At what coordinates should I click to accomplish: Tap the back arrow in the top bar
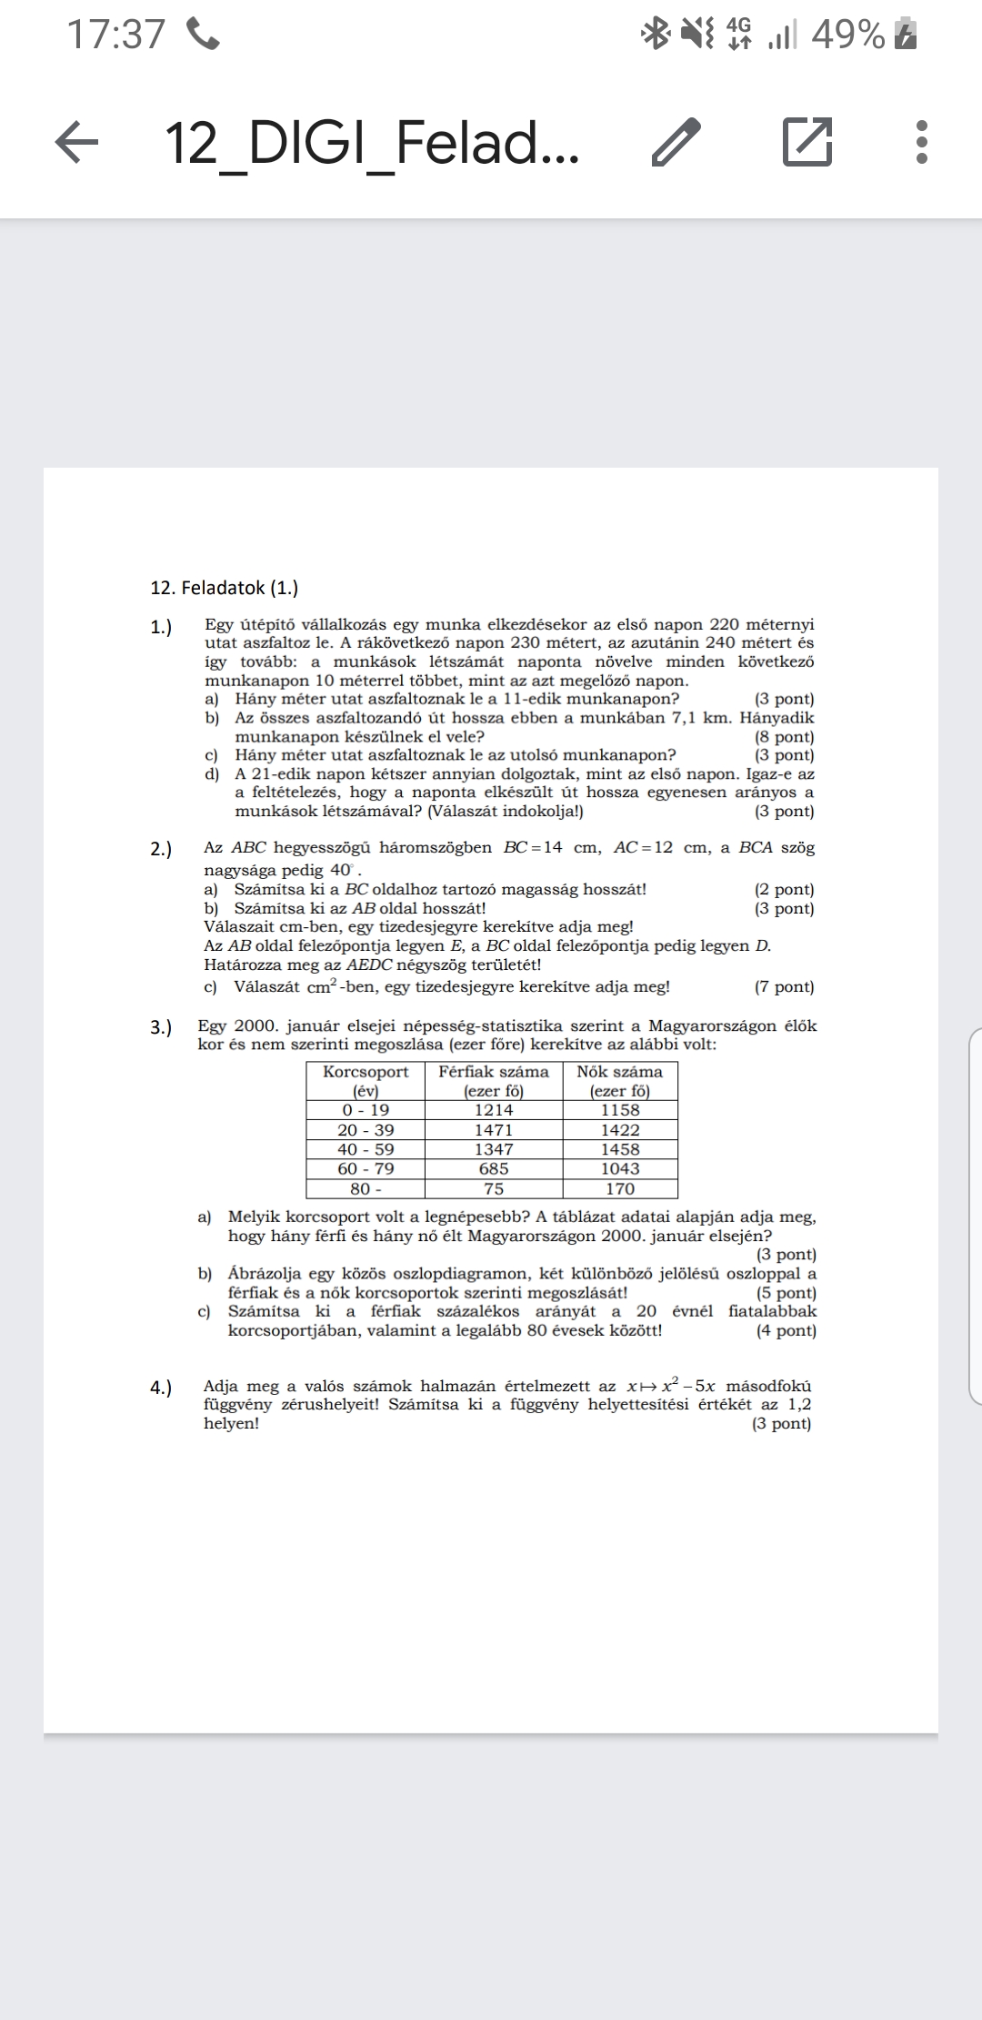pyautogui.click(x=77, y=143)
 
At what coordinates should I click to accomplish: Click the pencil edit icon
pyautogui.click(x=676, y=143)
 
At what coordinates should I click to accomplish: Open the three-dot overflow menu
pyautogui.click(x=921, y=143)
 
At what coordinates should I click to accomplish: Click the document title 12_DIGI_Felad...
pyautogui.click(x=372, y=143)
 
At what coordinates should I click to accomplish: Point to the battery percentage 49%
pyautogui.click(x=847, y=35)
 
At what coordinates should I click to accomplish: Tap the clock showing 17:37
pyautogui.click(x=116, y=35)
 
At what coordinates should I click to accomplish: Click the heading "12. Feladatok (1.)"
pyautogui.click(x=224, y=588)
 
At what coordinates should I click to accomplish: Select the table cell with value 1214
pyautogui.click(x=494, y=1110)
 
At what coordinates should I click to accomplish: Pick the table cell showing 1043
pyautogui.click(x=620, y=1168)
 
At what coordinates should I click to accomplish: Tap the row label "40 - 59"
pyautogui.click(x=366, y=1149)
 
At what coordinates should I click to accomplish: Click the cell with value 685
pyautogui.click(x=494, y=1168)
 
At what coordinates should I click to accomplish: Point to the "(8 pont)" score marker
pyautogui.click(x=785, y=737)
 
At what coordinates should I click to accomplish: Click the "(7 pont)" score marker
pyautogui.click(x=785, y=986)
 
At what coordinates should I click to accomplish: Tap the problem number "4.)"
pyautogui.click(x=161, y=1387)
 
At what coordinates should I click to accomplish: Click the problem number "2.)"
pyautogui.click(x=161, y=849)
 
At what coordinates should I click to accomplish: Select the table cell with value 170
pyautogui.click(x=620, y=1188)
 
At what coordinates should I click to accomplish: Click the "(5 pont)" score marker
pyautogui.click(x=787, y=1293)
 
